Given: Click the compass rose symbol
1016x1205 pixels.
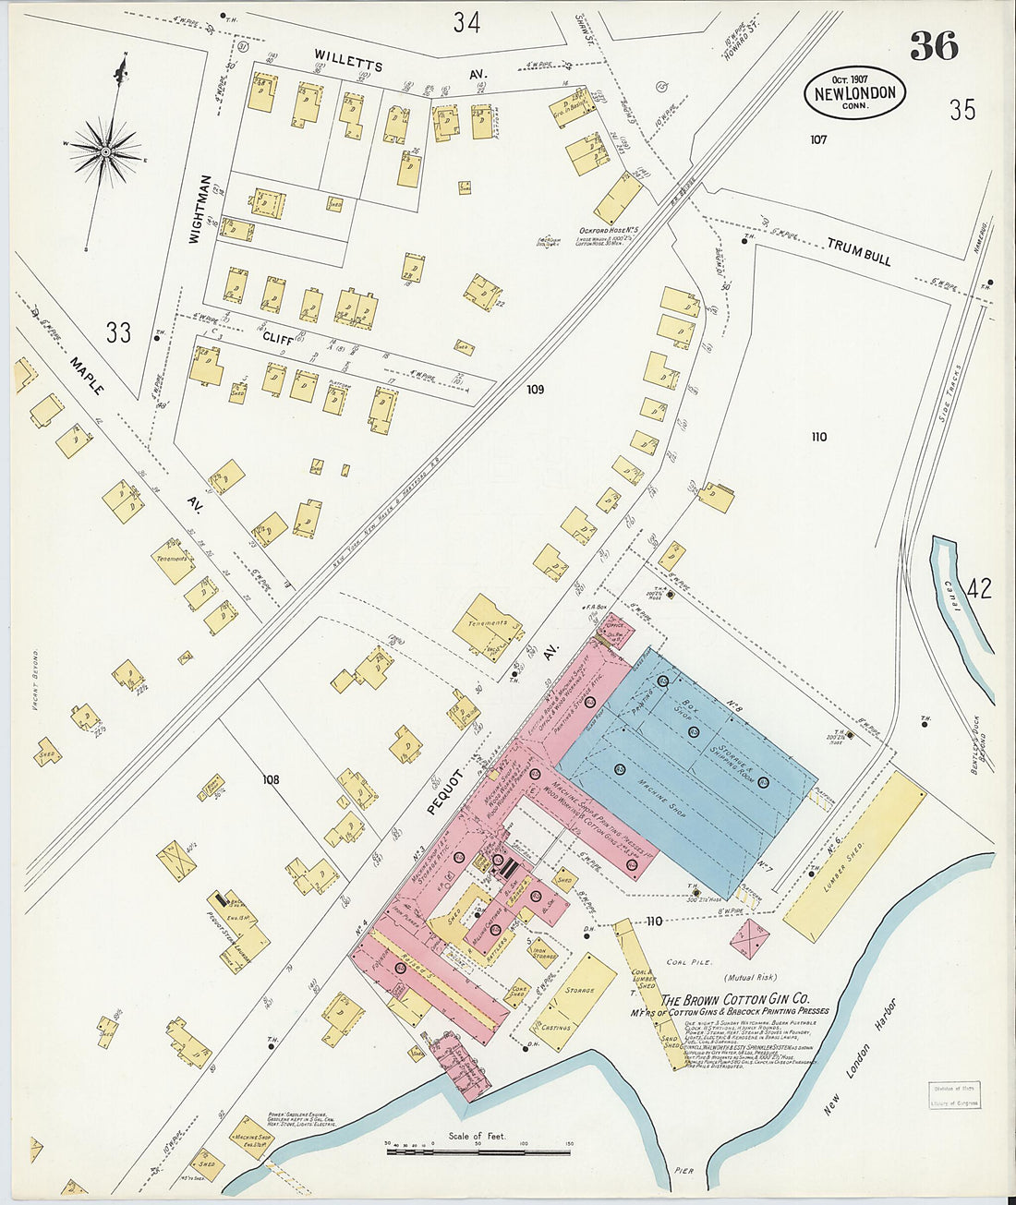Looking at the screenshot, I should (106, 150).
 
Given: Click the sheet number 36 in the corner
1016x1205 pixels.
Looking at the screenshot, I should (934, 46).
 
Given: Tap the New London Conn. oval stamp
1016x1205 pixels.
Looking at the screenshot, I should (855, 93).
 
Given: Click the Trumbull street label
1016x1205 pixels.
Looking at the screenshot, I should (859, 251).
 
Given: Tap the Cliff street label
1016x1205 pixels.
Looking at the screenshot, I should (277, 339).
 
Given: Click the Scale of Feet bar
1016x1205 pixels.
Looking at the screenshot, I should (478, 1150).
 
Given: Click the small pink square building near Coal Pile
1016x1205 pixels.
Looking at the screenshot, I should (750, 939).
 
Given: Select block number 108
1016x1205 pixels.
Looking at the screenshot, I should (270, 780).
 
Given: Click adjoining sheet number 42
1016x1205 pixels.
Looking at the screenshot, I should (979, 588).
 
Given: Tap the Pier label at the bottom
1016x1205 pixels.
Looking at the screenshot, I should (683, 1171).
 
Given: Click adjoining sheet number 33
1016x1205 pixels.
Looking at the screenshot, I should (118, 332).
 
